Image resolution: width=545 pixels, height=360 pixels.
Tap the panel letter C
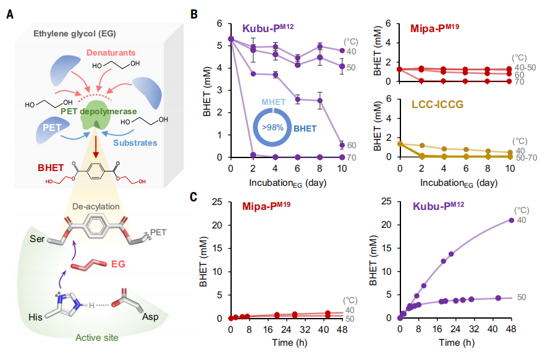193,197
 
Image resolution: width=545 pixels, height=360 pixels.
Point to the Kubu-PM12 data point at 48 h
510,220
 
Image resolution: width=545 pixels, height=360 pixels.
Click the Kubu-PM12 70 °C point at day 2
252,154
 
